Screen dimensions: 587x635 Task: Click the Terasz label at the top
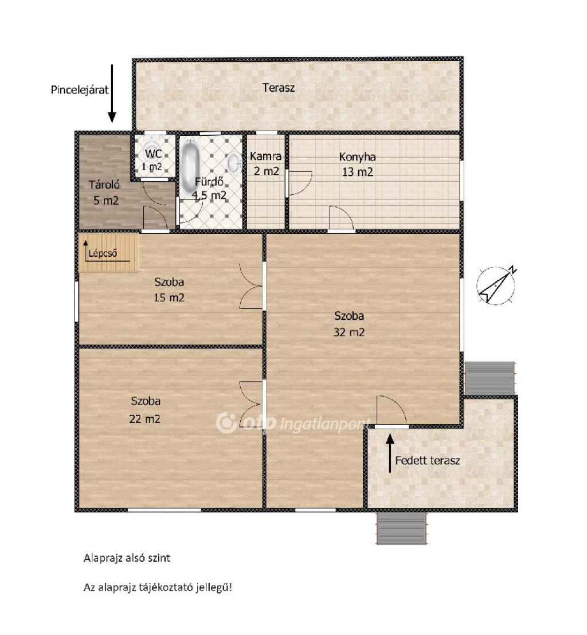[x=278, y=88]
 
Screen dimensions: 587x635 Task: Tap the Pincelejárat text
[x=80, y=89]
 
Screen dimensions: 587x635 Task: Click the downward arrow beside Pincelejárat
[x=112, y=93]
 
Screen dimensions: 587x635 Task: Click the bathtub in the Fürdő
[x=189, y=166]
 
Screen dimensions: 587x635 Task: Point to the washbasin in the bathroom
[x=234, y=163]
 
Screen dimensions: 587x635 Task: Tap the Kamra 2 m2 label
[x=266, y=163]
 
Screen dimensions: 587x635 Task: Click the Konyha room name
[x=357, y=156]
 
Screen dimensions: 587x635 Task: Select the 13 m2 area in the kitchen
[x=357, y=172]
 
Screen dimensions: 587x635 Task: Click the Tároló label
[x=104, y=185]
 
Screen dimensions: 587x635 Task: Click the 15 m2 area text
[x=169, y=297]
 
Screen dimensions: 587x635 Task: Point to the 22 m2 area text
[x=144, y=419]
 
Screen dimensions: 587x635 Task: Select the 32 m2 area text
[x=349, y=332]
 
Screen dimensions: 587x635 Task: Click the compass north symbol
[x=496, y=285]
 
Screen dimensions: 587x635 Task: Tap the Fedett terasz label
[x=428, y=460]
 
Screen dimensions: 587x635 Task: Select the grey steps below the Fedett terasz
[x=401, y=528]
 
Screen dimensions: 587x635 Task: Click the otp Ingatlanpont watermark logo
[x=292, y=423]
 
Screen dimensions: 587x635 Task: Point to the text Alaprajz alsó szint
[x=127, y=558]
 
